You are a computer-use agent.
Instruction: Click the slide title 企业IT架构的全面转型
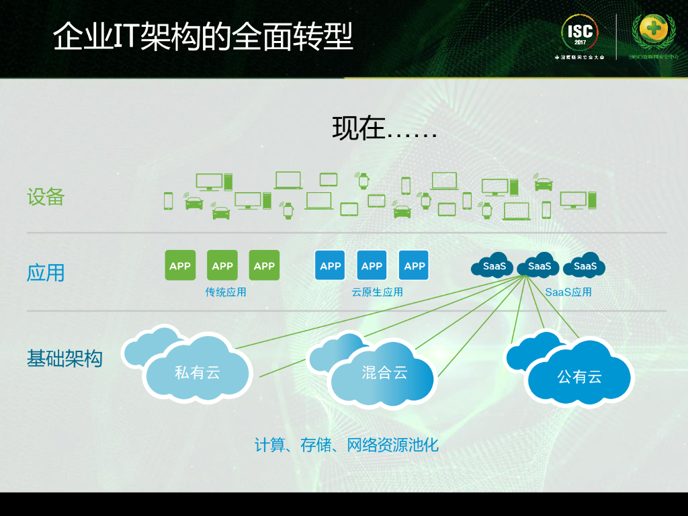(203, 36)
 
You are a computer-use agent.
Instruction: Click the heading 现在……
(384, 128)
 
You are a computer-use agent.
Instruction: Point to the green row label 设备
(46, 197)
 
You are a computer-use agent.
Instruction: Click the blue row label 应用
(46, 273)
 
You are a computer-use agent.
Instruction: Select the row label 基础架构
(64, 358)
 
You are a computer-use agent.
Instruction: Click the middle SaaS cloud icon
(539, 266)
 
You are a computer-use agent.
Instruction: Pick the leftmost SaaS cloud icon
(493, 266)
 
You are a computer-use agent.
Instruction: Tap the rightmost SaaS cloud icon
(585, 266)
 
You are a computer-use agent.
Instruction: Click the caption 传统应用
(226, 292)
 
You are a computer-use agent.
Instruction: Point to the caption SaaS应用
(568, 292)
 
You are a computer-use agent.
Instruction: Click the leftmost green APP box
(180, 265)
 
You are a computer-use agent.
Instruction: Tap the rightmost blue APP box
(414, 265)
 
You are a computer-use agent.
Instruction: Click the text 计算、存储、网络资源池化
(346, 445)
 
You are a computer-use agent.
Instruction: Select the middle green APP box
(222, 265)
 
